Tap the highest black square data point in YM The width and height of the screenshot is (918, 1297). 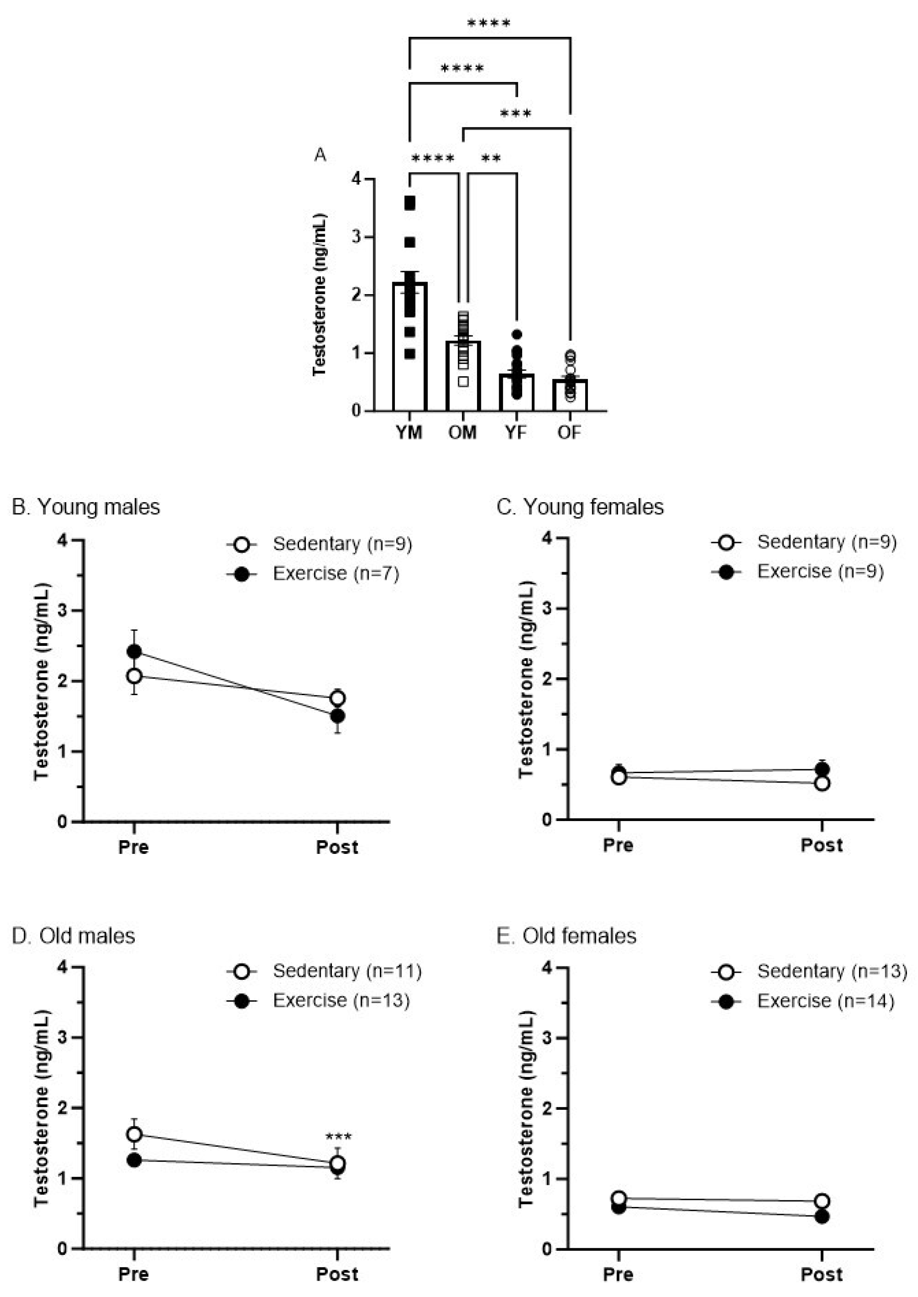tap(410, 203)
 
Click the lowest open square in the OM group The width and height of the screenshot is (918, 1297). tap(463, 381)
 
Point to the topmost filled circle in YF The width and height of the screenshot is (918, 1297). tap(516, 334)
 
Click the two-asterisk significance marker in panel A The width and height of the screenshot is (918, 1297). tap(491, 158)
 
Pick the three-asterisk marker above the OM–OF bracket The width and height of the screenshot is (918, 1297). tap(516, 114)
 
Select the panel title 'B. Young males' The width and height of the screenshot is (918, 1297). tap(86, 507)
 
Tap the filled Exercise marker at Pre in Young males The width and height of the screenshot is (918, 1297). tap(134, 652)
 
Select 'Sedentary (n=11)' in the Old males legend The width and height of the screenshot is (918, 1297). tap(347, 971)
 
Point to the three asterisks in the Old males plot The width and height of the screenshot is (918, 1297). tap(338, 1136)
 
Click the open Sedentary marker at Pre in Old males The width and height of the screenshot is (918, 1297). tap(134, 1134)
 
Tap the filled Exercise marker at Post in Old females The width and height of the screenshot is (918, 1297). tap(822, 1217)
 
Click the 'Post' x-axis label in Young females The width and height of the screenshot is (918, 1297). tap(821, 845)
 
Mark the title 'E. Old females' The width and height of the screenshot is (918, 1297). tap(567, 936)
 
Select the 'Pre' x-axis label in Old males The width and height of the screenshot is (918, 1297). tap(134, 1274)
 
